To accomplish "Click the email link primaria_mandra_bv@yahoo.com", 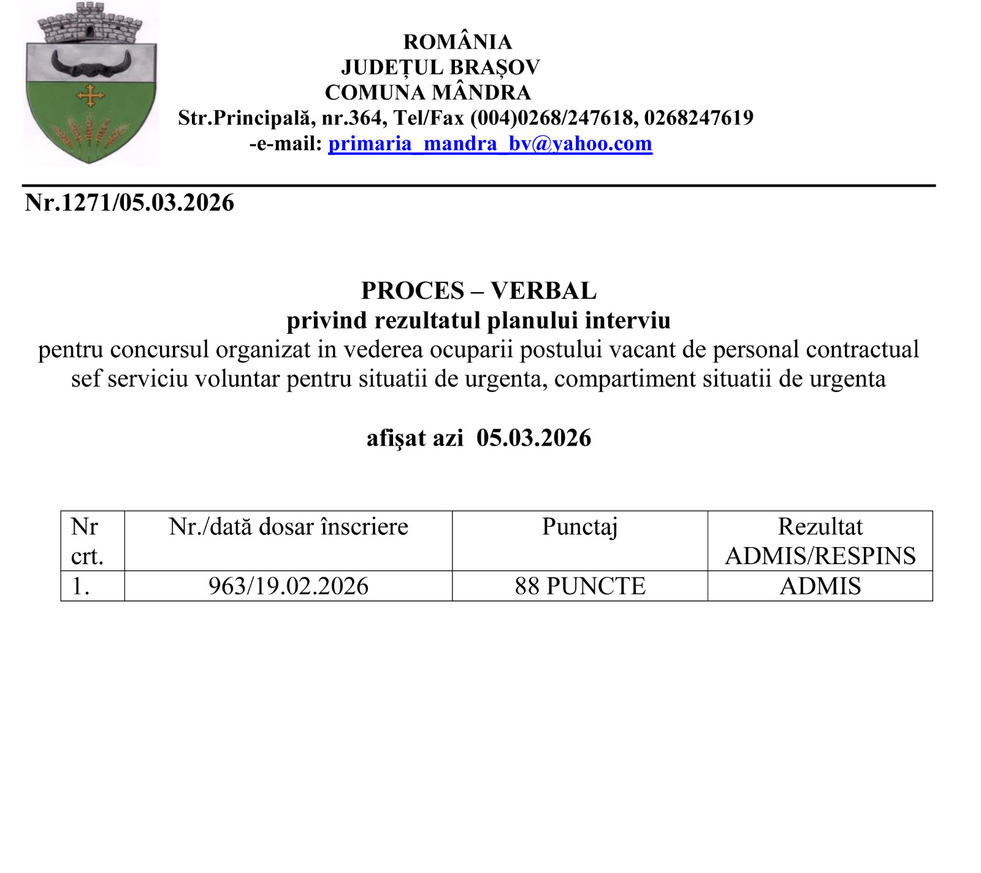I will (490, 143).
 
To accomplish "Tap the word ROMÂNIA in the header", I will (457, 42).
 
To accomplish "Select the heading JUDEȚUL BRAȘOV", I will (440, 67).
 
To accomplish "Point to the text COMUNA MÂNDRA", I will (427, 93).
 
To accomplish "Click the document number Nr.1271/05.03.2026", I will (129, 203).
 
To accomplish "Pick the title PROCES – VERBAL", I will (478, 290).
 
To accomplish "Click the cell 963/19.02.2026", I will (288, 586).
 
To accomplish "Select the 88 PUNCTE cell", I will (580, 586).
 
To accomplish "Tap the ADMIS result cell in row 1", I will (820, 586).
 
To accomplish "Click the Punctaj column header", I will (580, 527).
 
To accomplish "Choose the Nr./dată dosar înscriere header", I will (288, 527).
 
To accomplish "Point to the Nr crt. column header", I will (86, 541).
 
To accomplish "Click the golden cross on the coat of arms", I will (91, 96).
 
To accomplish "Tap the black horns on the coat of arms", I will (91, 65).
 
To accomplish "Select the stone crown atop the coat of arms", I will (90, 25).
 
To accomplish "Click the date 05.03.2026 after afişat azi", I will (533, 438).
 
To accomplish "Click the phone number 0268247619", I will (698, 118).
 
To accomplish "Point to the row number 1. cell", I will (81, 586).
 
